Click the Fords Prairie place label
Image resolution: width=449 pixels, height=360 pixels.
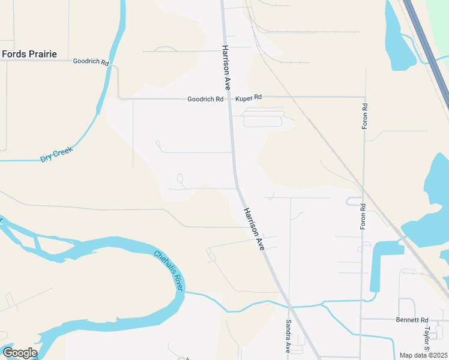(29, 54)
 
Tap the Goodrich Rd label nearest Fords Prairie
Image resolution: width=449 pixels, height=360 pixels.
(91, 62)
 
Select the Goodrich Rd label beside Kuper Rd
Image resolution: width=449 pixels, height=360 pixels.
(205, 99)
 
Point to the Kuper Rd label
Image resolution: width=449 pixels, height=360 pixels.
(249, 97)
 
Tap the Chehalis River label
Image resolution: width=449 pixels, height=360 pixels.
(168, 271)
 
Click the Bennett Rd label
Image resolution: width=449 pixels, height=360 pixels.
(411, 320)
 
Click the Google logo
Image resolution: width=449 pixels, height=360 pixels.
(20, 353)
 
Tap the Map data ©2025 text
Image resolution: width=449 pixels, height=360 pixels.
(423, 355)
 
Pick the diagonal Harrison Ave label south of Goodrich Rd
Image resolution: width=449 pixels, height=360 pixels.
(254, 229)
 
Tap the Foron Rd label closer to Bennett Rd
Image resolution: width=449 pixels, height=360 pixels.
(363, 216)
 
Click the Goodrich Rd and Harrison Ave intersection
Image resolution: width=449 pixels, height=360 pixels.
(229, 98)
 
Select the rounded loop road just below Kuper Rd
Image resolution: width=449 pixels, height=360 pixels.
(262, 121)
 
